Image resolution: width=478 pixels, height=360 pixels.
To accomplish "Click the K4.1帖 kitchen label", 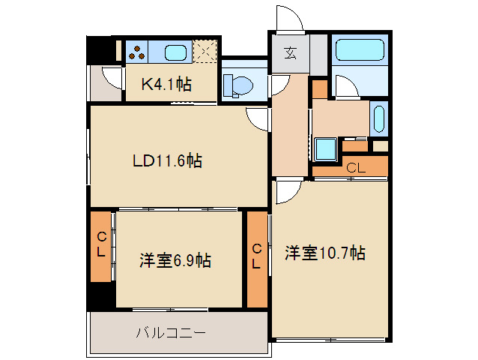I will [x=166, y=84].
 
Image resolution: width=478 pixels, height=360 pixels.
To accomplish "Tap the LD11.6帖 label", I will [x=166, y=160].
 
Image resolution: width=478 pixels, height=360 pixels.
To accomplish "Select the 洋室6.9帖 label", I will [x=175, y=260].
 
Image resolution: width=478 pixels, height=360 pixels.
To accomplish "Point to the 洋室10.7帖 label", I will [x=324, y=253].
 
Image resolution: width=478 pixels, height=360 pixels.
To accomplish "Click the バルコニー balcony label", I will [x=170, y=331].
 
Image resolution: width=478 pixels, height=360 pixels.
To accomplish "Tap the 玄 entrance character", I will [x=290, y=53].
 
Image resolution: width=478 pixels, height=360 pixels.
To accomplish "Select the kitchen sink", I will [x=175, y=52].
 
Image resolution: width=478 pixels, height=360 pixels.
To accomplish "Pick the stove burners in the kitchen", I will [x=137, y=52].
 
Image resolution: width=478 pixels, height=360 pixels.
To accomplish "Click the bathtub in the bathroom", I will [x=359, y=50].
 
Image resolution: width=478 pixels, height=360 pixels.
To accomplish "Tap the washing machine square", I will [x=326, y=148].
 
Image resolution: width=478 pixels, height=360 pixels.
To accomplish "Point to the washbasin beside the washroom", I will [x=378, y=118].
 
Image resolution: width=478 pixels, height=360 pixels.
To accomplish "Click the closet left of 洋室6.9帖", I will [x=100, y=247].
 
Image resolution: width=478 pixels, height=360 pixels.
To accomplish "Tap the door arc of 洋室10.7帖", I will [x=285, y=191].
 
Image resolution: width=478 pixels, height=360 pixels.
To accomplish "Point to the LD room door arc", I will [x=258, y=118].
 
